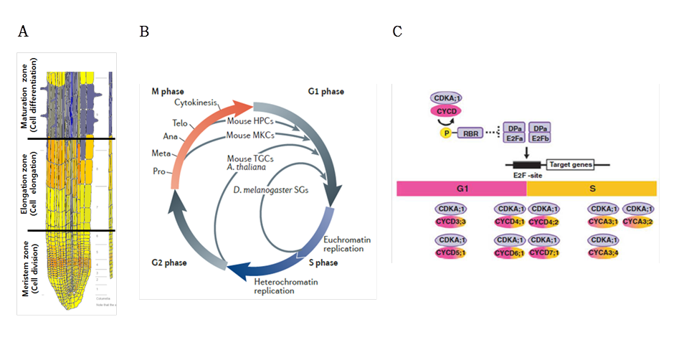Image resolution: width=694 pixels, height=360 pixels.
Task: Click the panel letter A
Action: (23, 32)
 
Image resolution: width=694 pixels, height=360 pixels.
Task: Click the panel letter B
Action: (144, 32)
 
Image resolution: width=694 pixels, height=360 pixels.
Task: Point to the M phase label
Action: (166, 92)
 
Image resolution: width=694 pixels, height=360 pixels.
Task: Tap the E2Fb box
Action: (541, 138)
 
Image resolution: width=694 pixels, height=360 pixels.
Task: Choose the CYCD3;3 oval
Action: (452, 222)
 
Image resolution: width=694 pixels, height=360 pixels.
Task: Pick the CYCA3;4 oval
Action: (604, 252)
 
